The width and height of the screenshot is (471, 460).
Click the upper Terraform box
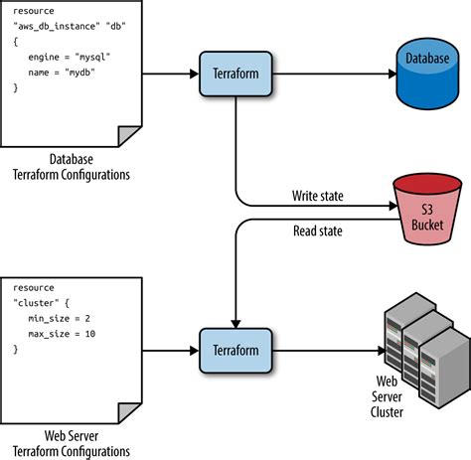tap(235, 74)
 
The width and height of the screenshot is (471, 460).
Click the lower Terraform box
tap(235, 350)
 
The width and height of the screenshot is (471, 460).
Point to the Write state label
tap(317, 196)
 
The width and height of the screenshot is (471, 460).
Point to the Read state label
tap(317, 231)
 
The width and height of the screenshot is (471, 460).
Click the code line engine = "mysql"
tap(67, 58)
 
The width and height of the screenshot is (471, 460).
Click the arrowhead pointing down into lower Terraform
tap(235, 320)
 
